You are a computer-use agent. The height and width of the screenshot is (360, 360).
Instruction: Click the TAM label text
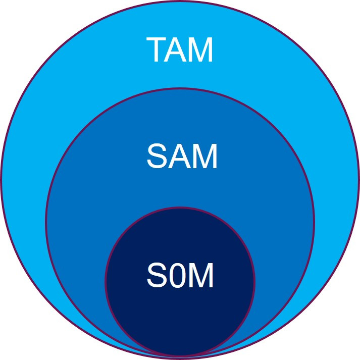[180, 49]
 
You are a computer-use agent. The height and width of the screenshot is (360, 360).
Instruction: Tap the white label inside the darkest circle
[180, 276]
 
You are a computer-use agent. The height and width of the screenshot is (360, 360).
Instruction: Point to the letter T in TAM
[157, 49]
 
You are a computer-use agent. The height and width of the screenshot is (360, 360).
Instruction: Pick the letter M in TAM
[201, 49]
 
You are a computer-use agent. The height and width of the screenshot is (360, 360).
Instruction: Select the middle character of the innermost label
[178, 276]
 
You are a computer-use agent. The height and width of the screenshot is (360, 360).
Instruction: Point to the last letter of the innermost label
[202, 276]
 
